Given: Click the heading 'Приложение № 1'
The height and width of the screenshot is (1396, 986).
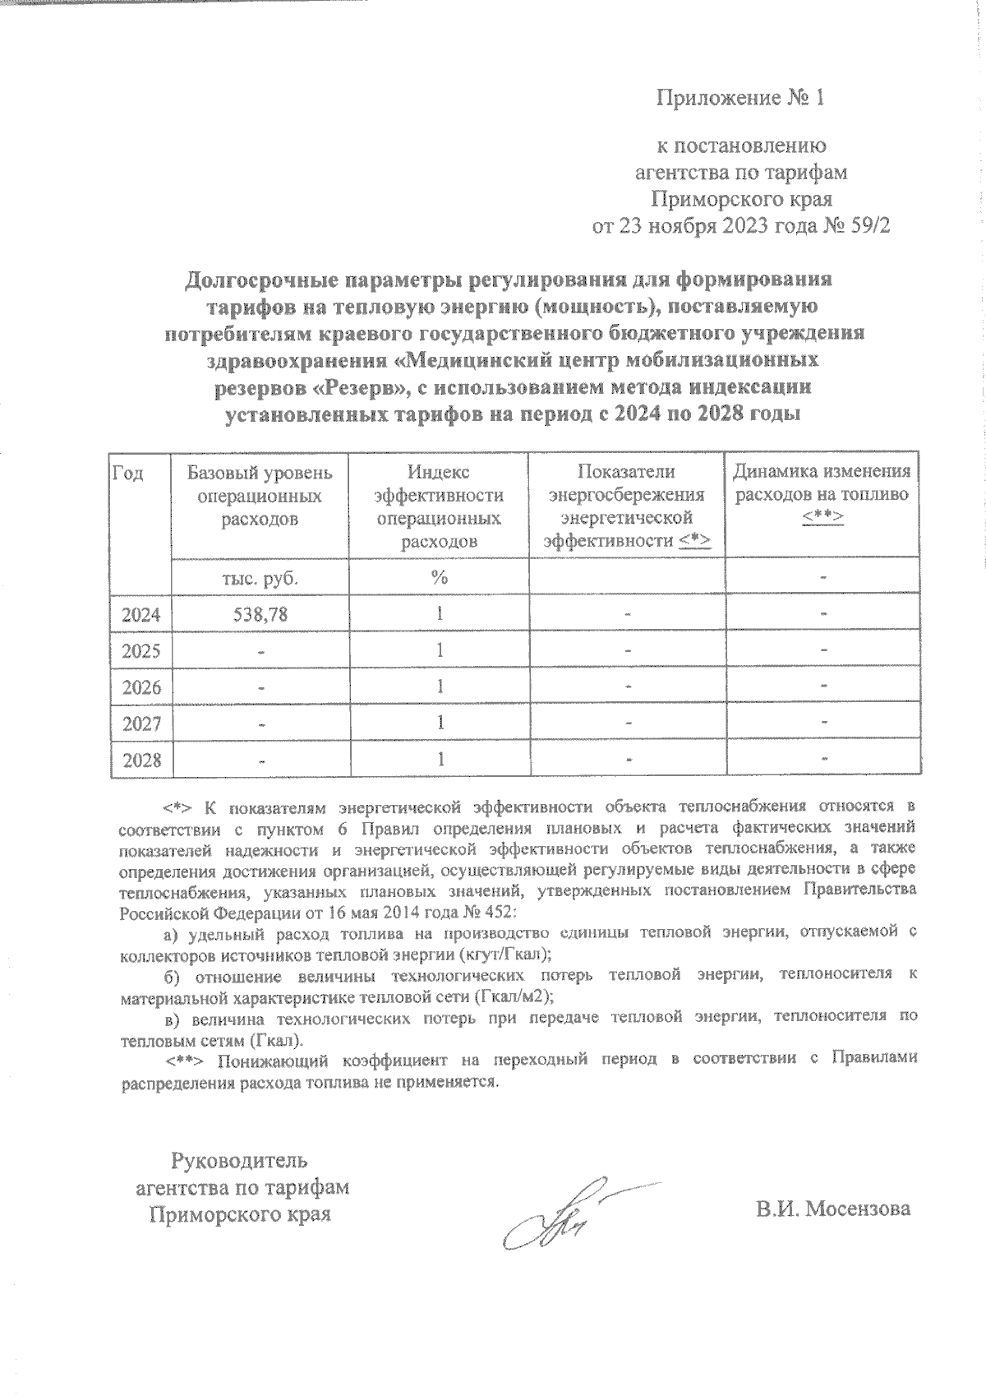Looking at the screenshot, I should tap(739, 99).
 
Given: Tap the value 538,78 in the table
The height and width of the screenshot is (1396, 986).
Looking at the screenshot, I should tap(260, 614).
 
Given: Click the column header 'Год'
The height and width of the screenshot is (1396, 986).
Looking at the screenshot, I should tap(128, 473).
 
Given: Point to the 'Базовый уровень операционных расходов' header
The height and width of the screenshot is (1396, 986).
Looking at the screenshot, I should tap(260, 496).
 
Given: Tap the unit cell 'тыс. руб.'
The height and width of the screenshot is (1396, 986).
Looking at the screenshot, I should tap(260, 578).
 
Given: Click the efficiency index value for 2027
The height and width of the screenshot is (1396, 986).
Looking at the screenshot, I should tap(440, 723).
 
